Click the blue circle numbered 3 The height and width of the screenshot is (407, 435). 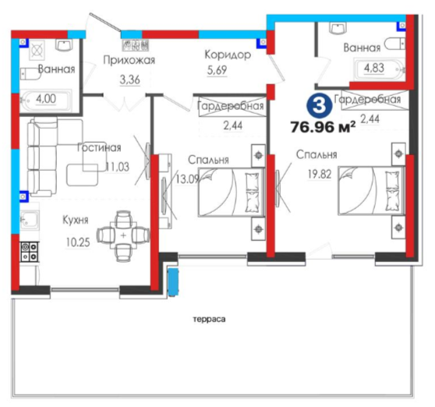pos(319,106)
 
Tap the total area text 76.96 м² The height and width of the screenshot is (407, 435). pos(323,127)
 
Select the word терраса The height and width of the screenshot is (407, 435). pos(209,320)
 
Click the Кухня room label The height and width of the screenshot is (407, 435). pos(76,220)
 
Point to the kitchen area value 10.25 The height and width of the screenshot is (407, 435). pos(78,242)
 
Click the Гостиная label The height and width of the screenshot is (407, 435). pos(99,147)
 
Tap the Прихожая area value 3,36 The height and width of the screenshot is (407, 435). pos(130,80)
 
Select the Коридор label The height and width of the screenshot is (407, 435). pos(228,55)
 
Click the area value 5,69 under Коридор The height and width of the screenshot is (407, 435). pos(217,70)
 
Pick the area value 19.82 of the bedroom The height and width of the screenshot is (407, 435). pos(320,174)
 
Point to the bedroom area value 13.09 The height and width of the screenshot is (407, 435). pos(188,179)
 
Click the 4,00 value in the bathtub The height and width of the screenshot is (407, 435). pos(46,99)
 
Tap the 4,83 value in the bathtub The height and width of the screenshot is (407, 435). pos(374,68)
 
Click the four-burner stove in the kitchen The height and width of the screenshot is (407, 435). pos(30,252)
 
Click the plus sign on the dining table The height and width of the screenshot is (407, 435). pos(123,235)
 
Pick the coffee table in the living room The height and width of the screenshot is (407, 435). pos(82,175)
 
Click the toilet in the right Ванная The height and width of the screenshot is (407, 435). pos(395,44)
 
